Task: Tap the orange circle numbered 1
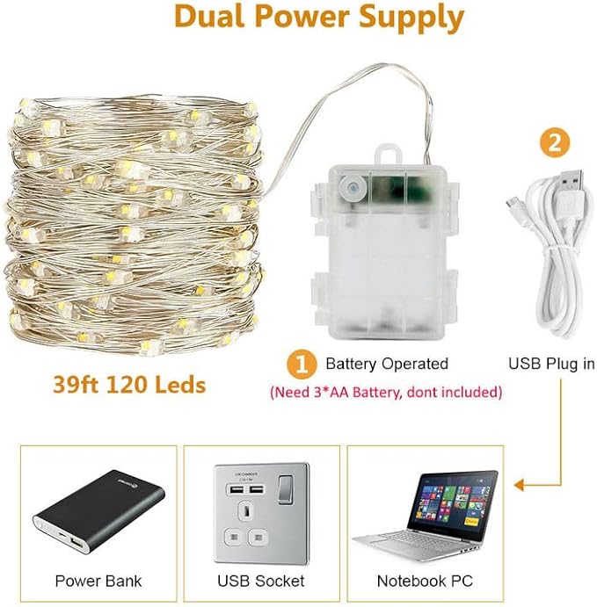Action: click(303, 363)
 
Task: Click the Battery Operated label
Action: click(387, 364)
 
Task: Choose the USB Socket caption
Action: click(261, 581)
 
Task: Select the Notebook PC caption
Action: click(425, 581)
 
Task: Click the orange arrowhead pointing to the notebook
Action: click(518, 483)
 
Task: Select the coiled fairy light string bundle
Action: click(136, 227)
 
